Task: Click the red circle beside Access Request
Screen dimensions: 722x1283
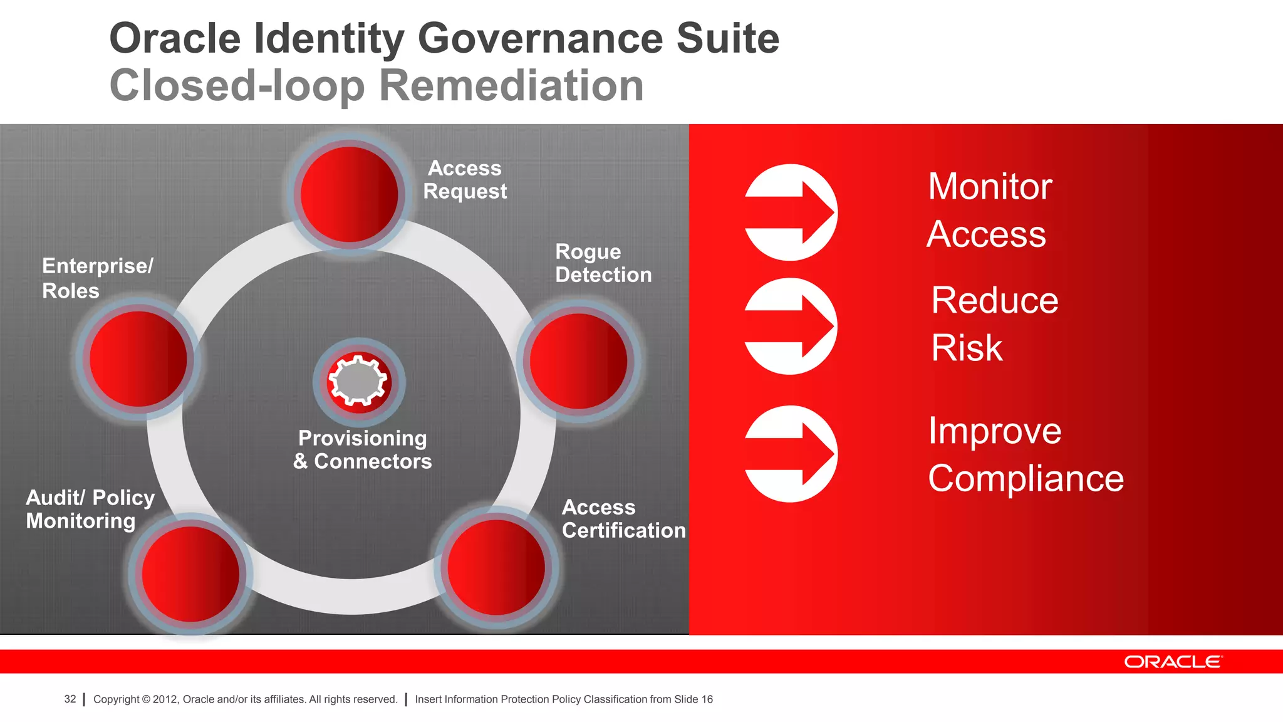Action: tap(350, 194)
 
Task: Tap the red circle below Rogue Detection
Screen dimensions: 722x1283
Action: tap(578, 362)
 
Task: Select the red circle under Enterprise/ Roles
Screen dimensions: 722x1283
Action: tap(138, 359)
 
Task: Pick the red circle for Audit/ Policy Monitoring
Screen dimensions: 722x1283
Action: tap(190, 574)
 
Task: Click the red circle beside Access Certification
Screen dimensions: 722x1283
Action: tap(496, 567)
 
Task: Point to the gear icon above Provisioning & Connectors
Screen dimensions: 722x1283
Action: tap(359, 381)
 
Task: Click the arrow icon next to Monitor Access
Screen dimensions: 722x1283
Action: tap(791, 212)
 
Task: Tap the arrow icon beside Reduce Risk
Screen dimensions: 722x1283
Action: tap(791, 326)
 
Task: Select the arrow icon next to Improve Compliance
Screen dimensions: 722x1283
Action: tap(791, 454)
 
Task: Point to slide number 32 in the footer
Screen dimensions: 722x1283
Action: tap(70, 699)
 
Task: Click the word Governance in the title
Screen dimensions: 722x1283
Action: tap(540, 39)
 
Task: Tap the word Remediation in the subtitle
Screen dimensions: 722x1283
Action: tap(511, 86)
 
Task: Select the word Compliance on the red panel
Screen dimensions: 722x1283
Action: tap(1026, 479)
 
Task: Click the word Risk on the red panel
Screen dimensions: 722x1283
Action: tap(967, 348)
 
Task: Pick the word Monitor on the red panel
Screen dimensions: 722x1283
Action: tap(990, 187)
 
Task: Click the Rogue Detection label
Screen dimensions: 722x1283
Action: tap(603, 263)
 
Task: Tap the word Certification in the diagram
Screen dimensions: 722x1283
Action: tap(623, 531)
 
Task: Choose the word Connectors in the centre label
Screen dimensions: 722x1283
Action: tap(373, 462)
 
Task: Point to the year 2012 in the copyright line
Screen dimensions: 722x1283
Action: tap(165, 699)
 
